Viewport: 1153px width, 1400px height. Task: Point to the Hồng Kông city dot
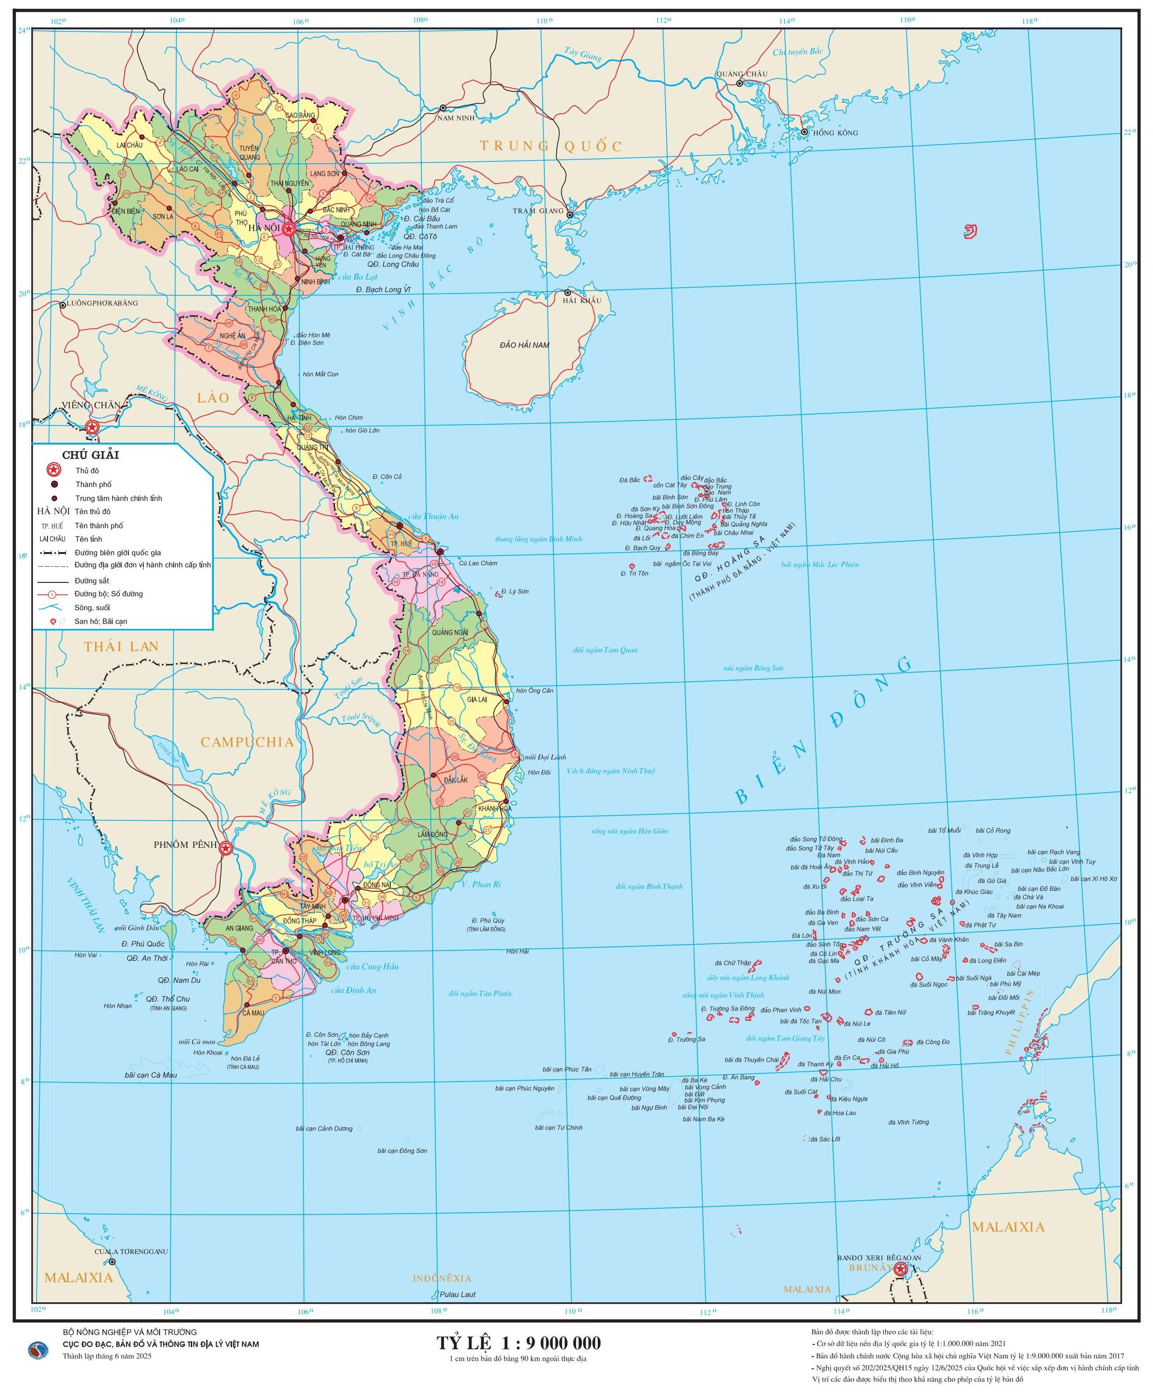(x=804, y=132)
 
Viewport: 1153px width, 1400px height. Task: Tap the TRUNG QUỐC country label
(x=551, y=146)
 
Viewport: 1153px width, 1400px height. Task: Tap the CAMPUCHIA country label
(x=247, y=743)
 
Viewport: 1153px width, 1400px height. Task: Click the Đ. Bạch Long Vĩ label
(x=384, y=289)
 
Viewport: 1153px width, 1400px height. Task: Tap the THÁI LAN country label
(x=122, y=646)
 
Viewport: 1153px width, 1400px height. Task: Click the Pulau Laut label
(x=457, y=1294)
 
